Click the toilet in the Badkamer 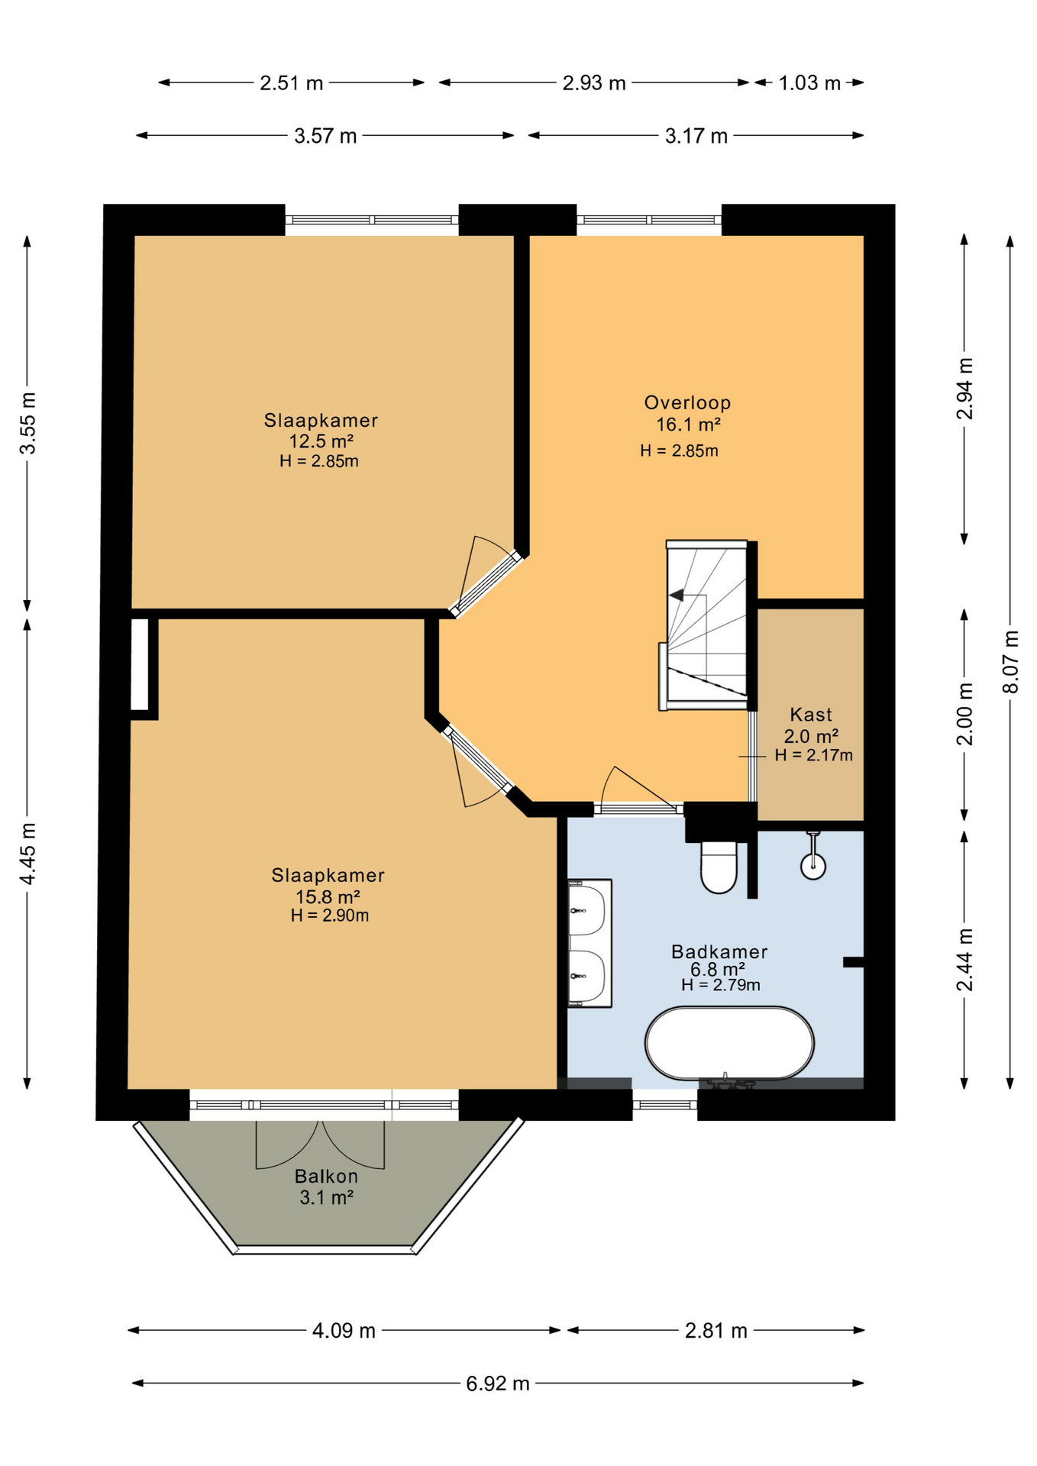tap(719, 867)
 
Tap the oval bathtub tap(729, 1043)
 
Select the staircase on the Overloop tap(707, 625)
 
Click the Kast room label tap(811, 715)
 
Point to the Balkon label tap(326, 1176)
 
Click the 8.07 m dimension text tap(1010, 661)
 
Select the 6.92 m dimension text tap(498, 1384)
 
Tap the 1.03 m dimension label tap(809, 82)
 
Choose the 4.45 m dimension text tap(27, 854)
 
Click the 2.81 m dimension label tap(716, 1331)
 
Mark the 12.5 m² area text tap(321, 441)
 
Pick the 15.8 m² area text tap(328, 896)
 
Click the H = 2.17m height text tap(813, 755)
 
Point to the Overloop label tap(687, 402)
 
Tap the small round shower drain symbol tap(813, 865)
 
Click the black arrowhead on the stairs tap(677, 596)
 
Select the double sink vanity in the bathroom tap(590, 943)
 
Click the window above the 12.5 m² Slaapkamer tap(372, 220)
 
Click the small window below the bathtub tap(665, 1104)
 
